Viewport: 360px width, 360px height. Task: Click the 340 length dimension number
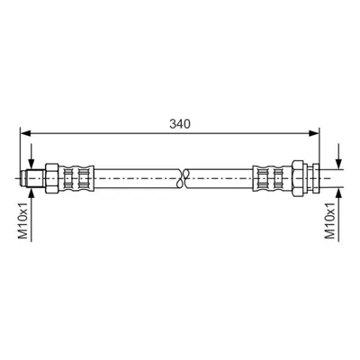coord(180,124)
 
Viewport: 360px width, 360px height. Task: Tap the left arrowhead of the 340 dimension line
coord(25,133)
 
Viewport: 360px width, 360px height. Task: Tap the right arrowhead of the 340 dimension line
coord(314,133)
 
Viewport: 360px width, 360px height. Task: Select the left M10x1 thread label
coord(23,220)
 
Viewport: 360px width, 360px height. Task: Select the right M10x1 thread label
coord(330,220)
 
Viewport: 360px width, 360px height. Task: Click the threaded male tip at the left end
coord(32,179)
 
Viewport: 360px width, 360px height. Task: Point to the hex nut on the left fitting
coord(51,179)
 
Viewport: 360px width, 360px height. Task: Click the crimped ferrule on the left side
coord(76,179)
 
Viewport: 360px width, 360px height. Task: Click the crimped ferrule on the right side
coord(273,179)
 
